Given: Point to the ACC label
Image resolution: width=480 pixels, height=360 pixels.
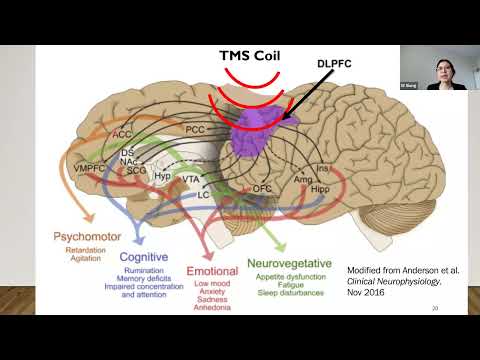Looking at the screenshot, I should [x=122, y=132].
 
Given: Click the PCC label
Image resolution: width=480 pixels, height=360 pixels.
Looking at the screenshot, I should [x=196, y=130].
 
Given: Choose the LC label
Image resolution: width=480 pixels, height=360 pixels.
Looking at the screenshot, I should [x=203, y=193].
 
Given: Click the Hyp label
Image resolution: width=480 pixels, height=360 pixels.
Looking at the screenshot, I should [x=163, y=176].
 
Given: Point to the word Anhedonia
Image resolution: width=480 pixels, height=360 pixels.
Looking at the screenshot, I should [x=211, y=307].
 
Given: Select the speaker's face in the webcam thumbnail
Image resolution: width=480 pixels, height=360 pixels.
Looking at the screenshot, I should [x=441, y=71].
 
